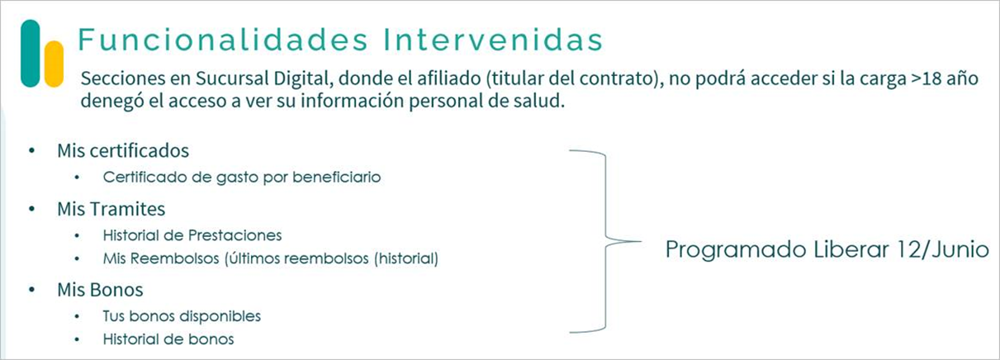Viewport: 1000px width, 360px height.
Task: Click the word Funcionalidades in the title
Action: click(223, 40)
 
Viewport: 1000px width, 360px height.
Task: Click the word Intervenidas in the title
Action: click(493, 40)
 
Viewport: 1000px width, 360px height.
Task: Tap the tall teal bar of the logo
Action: click(31, 53)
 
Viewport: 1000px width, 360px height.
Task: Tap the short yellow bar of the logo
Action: click(54, 64)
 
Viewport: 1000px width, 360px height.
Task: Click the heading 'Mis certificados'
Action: click(123, 150)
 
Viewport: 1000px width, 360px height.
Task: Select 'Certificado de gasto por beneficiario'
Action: click(242, 178)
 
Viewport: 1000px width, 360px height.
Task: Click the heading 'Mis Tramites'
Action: click(111, 209)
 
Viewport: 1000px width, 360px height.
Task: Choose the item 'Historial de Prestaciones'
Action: click(192, 235)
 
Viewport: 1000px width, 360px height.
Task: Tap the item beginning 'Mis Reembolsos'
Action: click(271, 258)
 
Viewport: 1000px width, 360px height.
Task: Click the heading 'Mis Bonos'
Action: click(101, 290)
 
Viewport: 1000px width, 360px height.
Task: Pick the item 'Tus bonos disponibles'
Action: click(182, 316)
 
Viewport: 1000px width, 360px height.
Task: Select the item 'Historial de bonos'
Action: click(168, 339)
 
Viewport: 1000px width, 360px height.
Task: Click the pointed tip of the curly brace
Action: click(641, 242)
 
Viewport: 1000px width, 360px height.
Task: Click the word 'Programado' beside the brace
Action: click(736, 250)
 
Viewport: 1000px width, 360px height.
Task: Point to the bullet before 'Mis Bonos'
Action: click(31, 290)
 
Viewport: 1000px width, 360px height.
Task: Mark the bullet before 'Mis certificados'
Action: click(31, 150)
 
